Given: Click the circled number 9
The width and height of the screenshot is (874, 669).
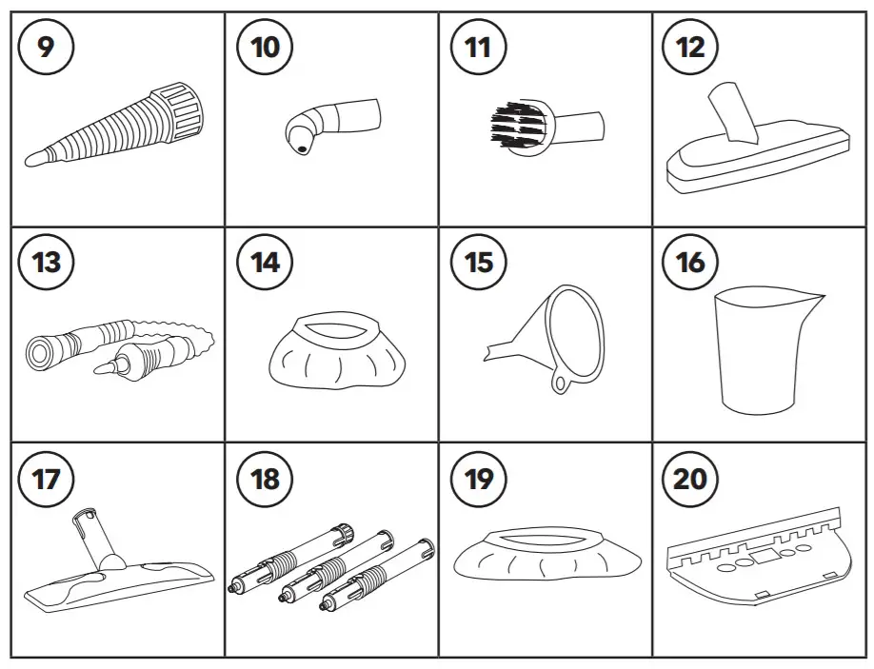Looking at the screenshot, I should point(47,46).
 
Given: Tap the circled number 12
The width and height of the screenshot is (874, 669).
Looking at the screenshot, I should point(690,46).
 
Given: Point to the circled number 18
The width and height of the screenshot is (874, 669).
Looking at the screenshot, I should point(265,478).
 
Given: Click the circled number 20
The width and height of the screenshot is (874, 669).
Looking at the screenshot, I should point(690,478).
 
